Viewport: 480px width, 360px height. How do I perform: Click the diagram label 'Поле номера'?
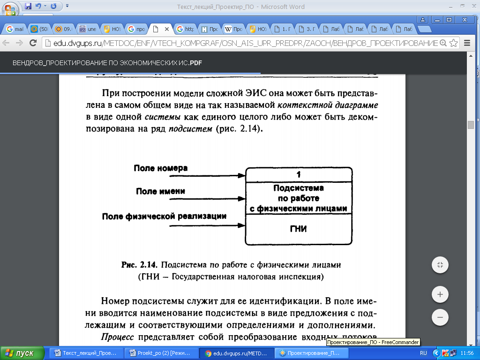161,168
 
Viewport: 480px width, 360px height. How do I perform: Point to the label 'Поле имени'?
160,191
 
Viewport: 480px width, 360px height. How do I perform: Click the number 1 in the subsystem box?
299,175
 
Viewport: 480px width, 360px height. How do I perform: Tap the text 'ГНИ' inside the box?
299,229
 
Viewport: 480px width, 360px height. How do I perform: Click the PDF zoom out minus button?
440,317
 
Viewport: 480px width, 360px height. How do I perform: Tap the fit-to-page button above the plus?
440,265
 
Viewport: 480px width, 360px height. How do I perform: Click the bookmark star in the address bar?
453,43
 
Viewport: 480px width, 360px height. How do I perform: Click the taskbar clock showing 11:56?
467,353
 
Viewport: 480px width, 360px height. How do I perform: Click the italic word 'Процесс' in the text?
117,337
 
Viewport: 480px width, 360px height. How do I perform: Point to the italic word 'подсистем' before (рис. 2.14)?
189,128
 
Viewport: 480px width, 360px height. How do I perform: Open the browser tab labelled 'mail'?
15,29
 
